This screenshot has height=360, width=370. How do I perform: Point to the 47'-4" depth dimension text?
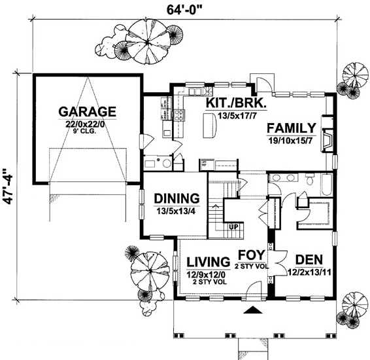[x=8, y=189]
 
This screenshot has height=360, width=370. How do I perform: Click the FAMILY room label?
[x=292, y=128]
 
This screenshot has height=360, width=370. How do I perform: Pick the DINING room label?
[x=176, y=198]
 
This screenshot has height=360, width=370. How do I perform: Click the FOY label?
[x=250, y=254]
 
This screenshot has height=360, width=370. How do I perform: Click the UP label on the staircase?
[x=234, y=227]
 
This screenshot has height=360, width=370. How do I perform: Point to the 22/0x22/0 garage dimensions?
[x=87, y=124]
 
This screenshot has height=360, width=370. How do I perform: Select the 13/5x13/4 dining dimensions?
[x=177, y=211]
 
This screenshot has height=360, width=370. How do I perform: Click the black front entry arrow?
[x=252, y=312]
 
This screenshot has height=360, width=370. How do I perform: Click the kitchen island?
[x=210, y=125]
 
